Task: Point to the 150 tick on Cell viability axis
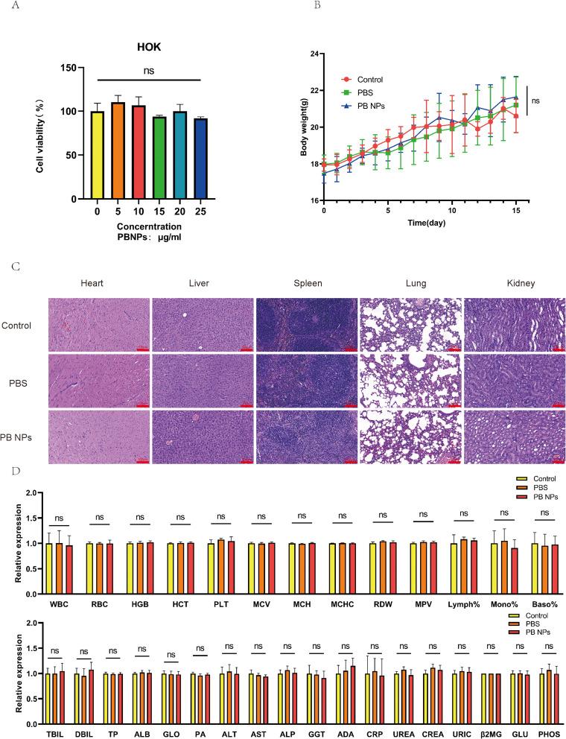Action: (69, 68)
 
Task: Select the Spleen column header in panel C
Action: (306, 283)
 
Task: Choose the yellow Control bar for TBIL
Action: (48, 698)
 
